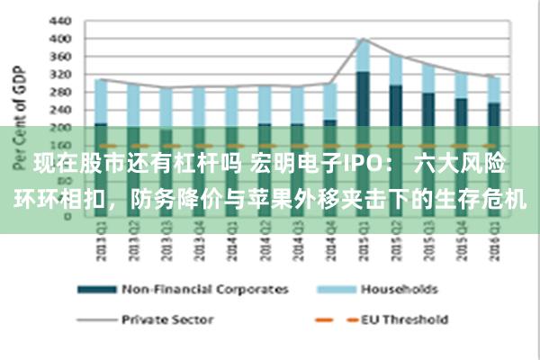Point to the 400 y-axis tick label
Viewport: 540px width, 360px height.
pos(59,39)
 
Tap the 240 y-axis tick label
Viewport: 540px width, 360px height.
pos(59,109)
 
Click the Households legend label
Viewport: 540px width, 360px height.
pos(399,290)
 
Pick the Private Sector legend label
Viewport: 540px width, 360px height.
pos(167,319)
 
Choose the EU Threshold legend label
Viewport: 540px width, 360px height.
pos(404,319)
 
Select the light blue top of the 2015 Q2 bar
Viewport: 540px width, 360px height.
pos(396,69)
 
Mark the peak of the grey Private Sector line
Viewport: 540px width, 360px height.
pos(362,39)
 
